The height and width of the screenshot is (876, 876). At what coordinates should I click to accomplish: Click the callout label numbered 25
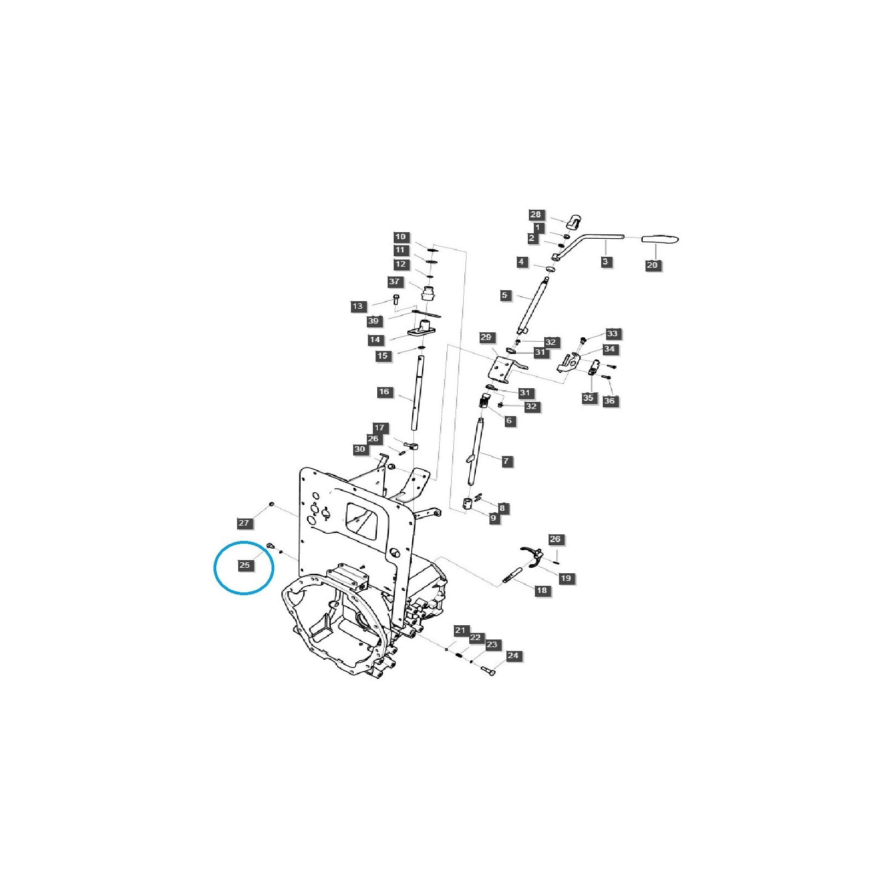coord(245,565)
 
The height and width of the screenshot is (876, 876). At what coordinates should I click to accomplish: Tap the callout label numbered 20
coord(652,265)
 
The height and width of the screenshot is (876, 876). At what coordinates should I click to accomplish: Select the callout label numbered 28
coord(535,215)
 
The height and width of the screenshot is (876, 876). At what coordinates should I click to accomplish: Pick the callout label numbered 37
coord(395,281)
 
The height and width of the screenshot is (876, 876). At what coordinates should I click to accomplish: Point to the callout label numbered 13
coord(358,306)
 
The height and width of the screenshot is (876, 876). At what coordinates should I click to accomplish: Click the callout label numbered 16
coord(384,391)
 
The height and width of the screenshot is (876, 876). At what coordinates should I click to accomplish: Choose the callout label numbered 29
coord(486,337)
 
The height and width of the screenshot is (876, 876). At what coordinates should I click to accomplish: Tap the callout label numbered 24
coord(513,655)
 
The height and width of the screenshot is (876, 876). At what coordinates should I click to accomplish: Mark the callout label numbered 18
coord(541,590)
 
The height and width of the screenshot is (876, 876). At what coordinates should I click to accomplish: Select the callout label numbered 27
coord(244,523)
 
